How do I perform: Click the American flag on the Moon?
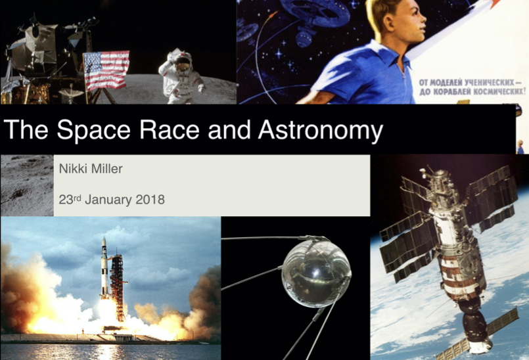[x=106, y=70]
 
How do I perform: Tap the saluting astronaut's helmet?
[x=181, y=60]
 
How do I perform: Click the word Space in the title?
[x=93, y=130]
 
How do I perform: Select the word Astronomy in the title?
[x=321, y=130]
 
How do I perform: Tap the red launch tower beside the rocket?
[x=118, y=287]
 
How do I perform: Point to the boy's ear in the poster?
[x=390, y=19]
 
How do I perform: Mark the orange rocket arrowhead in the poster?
[x=495, y=3]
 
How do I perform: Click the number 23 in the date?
[x=66, y=200]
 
